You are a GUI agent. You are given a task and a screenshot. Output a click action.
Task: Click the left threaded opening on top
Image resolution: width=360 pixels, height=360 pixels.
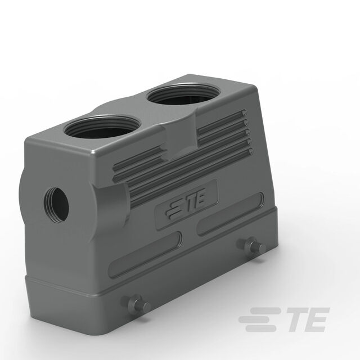point(102,128)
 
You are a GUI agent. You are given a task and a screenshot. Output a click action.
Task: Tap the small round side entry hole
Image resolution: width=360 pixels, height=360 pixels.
point(56,205)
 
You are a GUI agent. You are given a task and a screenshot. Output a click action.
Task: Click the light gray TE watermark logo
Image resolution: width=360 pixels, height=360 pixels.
point(284,319)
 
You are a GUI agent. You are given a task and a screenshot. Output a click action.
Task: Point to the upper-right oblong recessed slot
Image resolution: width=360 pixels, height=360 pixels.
point(230,213)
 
